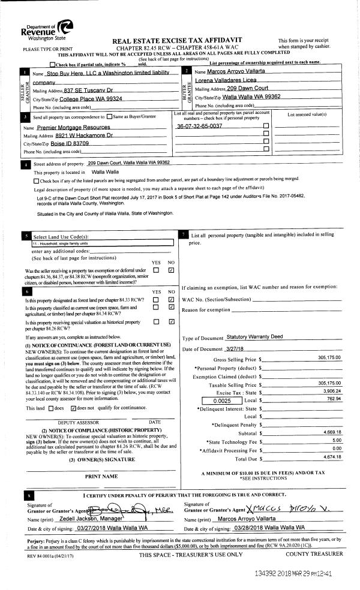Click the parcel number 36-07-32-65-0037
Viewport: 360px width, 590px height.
[x=199, y=127]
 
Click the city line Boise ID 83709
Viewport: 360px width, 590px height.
[x=64, y=144]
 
